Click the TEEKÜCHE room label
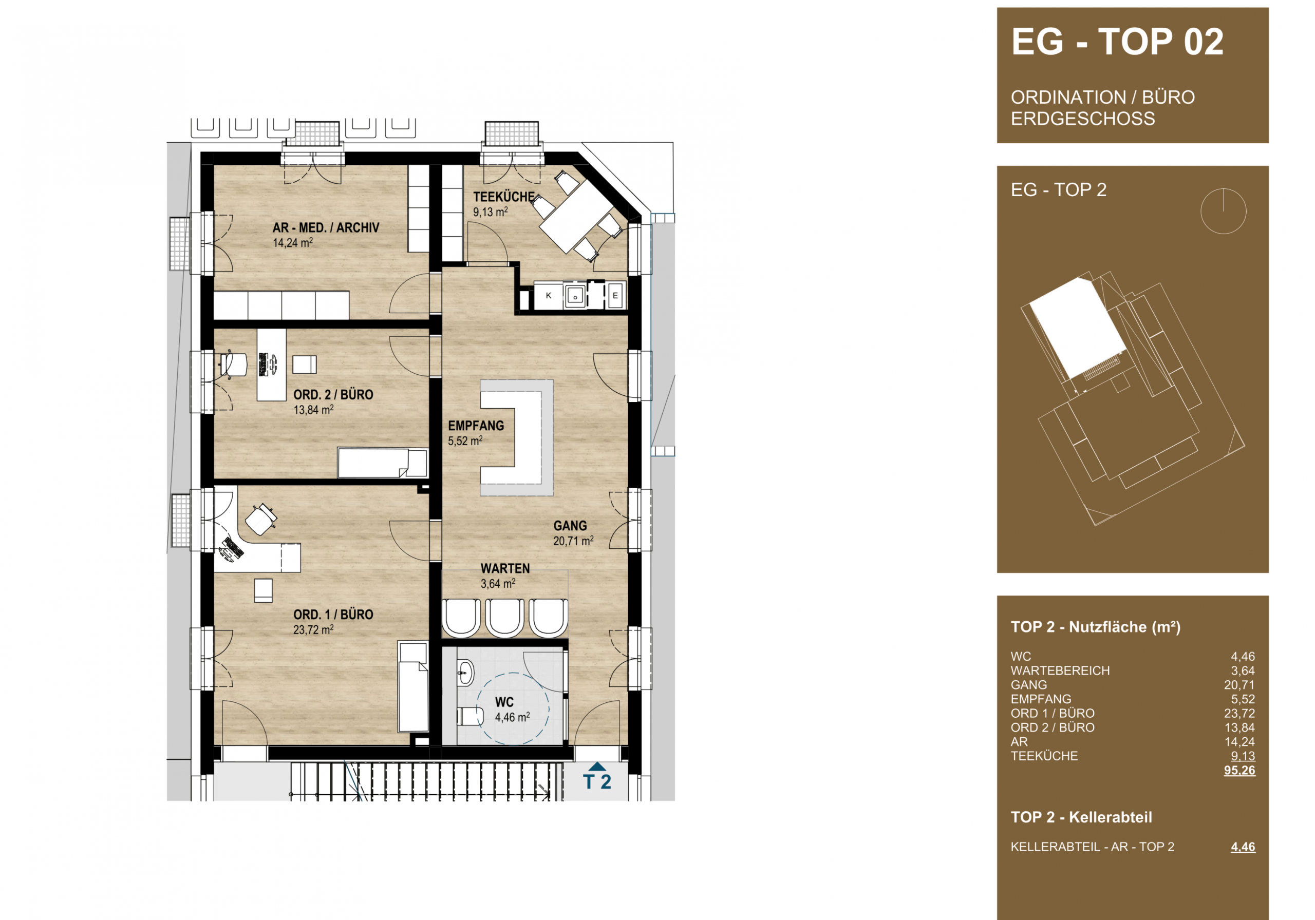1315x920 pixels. click(503, 197)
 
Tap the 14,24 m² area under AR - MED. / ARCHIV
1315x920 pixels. click(293, 243)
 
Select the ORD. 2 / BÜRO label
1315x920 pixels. click(333, 394)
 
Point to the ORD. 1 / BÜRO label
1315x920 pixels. click(333, 615)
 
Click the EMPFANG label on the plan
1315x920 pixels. click(476, 426)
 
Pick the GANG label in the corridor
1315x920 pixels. click(570, 526)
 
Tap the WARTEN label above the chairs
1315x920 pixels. click(505, 568)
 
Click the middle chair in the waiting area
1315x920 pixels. click(504, 618)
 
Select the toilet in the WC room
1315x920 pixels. click(470, 716)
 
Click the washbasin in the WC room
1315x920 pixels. click(465, 672)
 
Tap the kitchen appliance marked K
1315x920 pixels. click(548, 295)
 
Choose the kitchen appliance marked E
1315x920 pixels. click(615, 295)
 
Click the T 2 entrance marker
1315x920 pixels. click(597, 777)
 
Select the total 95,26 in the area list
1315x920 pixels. click(1239, 770)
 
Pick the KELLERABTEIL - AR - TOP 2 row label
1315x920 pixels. click(1092, 847)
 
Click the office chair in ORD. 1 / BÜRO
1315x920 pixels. click(261, 519)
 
